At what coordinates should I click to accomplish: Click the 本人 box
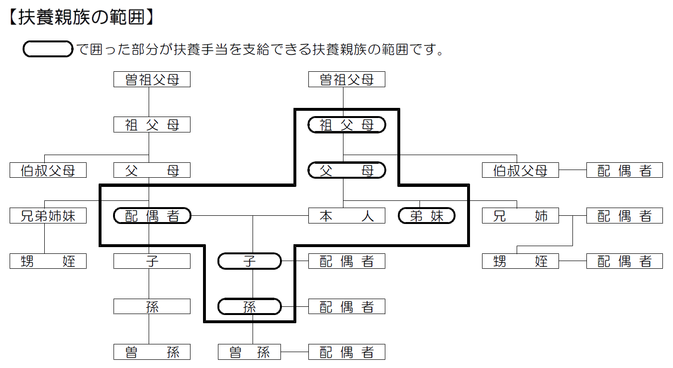click(346, 216)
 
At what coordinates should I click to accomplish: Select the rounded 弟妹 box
click(427, 216)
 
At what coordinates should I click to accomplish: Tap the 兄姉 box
click(521, 216)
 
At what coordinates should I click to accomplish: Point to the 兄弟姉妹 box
click(48, 216)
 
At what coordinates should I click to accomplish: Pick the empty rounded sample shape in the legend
click(48, 49)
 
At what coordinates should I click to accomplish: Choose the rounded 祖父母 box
click(346, 125)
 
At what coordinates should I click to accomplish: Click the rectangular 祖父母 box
click(152, 125)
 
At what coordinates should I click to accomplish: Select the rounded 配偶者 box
click(152, 216)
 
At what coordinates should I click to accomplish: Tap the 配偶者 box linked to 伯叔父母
click(624, 170)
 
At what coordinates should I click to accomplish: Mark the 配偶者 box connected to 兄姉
click(624, 216)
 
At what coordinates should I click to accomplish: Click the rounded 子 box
click(249, 261)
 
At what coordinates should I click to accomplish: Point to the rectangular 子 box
click(152, 261)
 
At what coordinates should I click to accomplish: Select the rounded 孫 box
click(249, 306)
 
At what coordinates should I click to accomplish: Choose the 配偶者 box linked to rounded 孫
click(346, 306)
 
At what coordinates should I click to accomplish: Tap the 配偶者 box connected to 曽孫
click(346, 352)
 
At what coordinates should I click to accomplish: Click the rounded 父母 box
click(346, 170)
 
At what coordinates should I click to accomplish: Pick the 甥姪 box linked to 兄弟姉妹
click(48, 261)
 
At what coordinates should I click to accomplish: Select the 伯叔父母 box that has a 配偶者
click(521, 170)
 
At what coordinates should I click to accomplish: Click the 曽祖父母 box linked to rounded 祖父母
click(346, 79)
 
